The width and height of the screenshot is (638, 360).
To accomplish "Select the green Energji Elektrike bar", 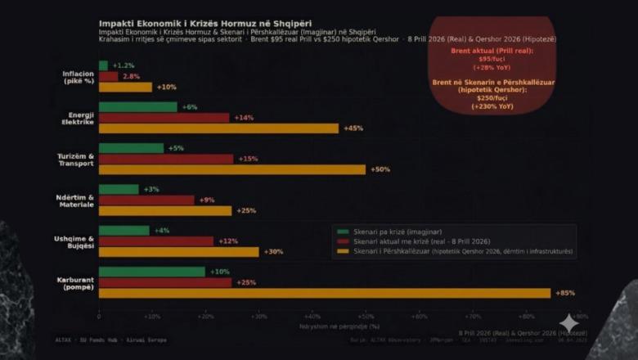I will tap(138, 107).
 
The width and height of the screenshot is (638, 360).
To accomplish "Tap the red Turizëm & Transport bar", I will tap(166, 159).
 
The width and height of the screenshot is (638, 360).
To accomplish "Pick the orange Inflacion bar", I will tap(125, 87).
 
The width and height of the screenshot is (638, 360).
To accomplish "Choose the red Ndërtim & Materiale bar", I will tap(146, 200).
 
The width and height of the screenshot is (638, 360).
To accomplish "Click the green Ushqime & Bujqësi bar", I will tap(124, 231).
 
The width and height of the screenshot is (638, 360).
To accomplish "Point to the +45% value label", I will tap(353, 128).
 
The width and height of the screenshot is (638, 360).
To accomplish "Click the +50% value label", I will tap(380, 169).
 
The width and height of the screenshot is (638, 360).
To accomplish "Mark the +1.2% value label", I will tap(124, 65).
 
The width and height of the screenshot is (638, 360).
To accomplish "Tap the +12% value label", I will tap(228, 241).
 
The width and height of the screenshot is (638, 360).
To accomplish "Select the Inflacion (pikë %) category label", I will tap(79, 76).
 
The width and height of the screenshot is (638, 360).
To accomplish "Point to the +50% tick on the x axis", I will tap(366, 316).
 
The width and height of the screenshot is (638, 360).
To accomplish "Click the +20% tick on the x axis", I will tap(205, 316).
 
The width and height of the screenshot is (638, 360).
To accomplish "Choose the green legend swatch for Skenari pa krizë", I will tap(343, 232).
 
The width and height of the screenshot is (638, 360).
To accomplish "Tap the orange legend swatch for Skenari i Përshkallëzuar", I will tap(343, 251).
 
